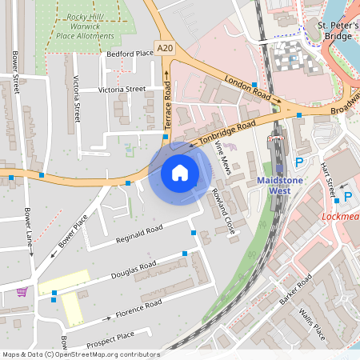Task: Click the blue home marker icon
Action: pyautogui.click(x=180, y=172)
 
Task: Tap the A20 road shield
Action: pyautogui.click(x=166, y=49)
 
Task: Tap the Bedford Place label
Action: pyautogui.click(x=130, y=54)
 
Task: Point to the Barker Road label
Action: pyautogui.click(x=294, y=293)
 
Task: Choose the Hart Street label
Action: pyautogui.click(x=328, y=179)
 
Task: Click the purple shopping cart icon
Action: pyautogui.click(x=21, y=291)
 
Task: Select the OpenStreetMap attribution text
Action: pyautogui.click(x=81, y=354)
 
